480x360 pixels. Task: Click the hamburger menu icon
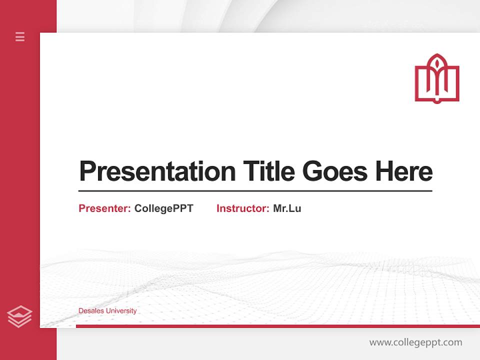20,36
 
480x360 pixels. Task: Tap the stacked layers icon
19,316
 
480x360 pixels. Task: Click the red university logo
436,78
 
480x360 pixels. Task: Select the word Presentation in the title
157,171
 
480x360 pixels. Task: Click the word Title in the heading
268,171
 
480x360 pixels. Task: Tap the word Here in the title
403,171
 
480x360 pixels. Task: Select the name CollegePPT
163,208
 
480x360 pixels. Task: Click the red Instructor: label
243,208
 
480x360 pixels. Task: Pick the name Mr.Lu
287,208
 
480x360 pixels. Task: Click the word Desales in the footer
90,311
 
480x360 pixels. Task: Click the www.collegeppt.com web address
415,342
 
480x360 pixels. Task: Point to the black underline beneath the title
255,191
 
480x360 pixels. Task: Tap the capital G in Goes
312,171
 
